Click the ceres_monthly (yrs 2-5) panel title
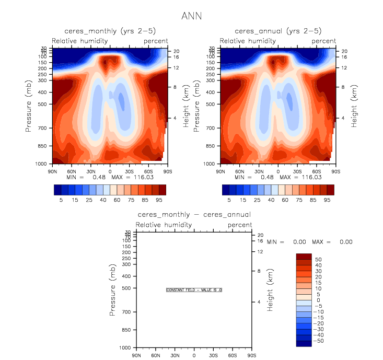click(110, 31)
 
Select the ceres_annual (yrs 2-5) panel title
click(278, 31)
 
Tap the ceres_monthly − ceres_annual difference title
click(194, 215)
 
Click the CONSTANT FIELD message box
click(194, 289)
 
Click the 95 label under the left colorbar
click(159, 200)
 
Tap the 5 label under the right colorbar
click(229, 200)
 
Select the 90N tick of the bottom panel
click(136, 355)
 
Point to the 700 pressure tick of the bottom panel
click(125, 312)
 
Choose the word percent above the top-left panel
click(156, 41)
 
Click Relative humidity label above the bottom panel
click(164, 225)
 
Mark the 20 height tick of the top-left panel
click(177, 51)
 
